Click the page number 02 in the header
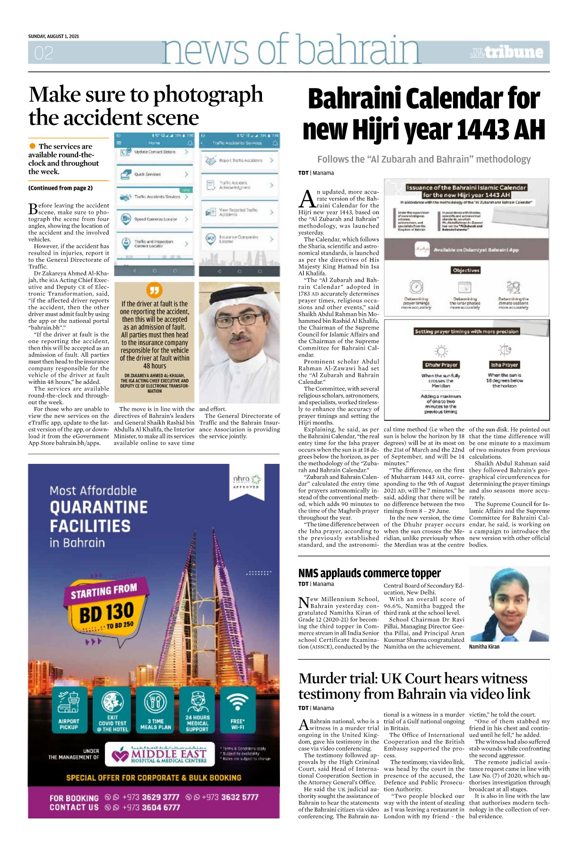[44, 53]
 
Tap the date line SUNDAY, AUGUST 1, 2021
[53, 36]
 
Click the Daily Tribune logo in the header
[506, 52]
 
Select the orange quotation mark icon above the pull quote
[155, 290]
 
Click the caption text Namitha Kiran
[484, 647]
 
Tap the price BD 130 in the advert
[106, 613]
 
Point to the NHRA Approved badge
[246, 481]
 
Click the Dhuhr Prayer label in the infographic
[441, 365]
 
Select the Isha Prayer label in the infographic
[504, 365]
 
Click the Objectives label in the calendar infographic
[466, 270]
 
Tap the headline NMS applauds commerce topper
[369, 573]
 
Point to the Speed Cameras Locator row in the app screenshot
[155, 219]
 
